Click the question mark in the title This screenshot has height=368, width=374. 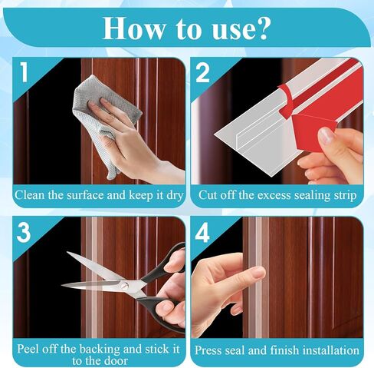tap(260, 28)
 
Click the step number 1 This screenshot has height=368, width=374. tap(24, 73)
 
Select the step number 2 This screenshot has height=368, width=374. tap(202, 73)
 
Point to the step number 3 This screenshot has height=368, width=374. tap(24, 233)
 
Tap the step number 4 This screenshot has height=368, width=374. tap(202, 233)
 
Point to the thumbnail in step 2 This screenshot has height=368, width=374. tap(326, 135)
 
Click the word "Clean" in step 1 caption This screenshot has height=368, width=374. tap(30, 195)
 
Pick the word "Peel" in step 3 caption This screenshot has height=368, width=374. tap(28, 350)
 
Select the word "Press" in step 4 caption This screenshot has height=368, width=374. tap(207, 350)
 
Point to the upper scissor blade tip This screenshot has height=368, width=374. tap(67, 253)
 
